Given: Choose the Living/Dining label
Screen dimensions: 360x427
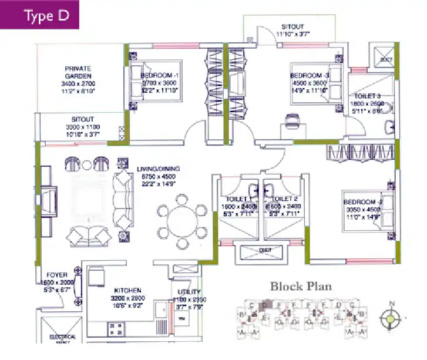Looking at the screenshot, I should [158, 169].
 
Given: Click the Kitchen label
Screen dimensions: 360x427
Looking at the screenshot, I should [127, 291].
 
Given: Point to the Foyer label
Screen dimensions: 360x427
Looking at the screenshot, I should [56, 274].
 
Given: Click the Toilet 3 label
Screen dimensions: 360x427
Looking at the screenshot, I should [367, 96].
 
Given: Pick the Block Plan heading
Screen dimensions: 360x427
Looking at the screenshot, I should [301, 287].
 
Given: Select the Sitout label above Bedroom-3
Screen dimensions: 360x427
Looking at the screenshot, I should [292, 27].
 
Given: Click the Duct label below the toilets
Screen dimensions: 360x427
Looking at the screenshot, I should [262, 249].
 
